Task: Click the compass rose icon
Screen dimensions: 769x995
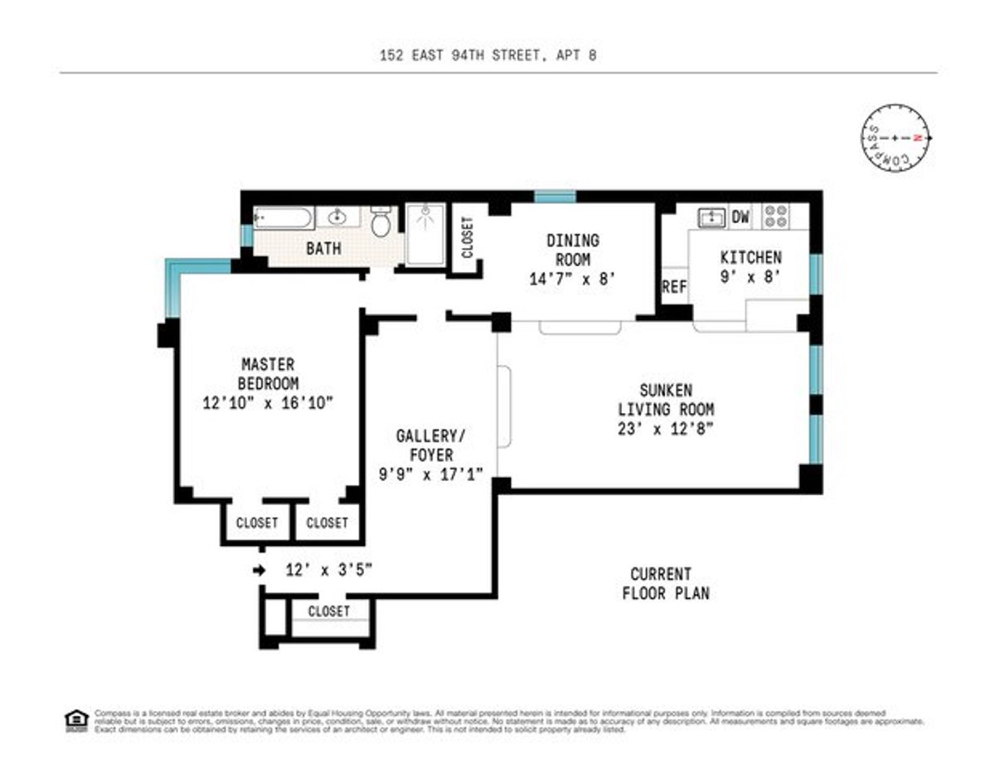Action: (x=896, y=138)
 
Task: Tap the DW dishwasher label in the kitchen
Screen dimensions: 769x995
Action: (x=740, y=217)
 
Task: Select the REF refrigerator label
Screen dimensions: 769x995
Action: (x=674, y=287)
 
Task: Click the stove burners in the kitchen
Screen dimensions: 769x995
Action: (x=776, y=217)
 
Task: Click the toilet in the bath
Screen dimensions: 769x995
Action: (x=381, y=222)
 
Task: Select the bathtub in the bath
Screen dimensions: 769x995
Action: (x=284, y=218)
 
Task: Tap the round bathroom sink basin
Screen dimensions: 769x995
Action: (x=338, y=218)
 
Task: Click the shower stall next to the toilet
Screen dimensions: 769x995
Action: (x=425, y=234)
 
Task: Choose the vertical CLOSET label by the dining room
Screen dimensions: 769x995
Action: (x=466, y=237)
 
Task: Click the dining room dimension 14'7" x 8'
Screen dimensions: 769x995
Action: (x=573, y=280)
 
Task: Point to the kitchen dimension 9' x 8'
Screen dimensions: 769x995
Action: (x=750, y=277)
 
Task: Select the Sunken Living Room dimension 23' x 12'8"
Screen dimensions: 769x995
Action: (x=666, y=429)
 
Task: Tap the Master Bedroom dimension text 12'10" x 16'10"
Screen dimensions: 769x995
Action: (x=267, y=404)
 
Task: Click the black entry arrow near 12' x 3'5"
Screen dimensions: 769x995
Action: (x=260, y=570)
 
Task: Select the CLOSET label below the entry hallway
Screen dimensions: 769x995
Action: (x=329, y=611)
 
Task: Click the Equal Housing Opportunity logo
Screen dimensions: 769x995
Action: (x=75, y=720)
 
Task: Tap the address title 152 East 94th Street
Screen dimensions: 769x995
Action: (x=488, y=56)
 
